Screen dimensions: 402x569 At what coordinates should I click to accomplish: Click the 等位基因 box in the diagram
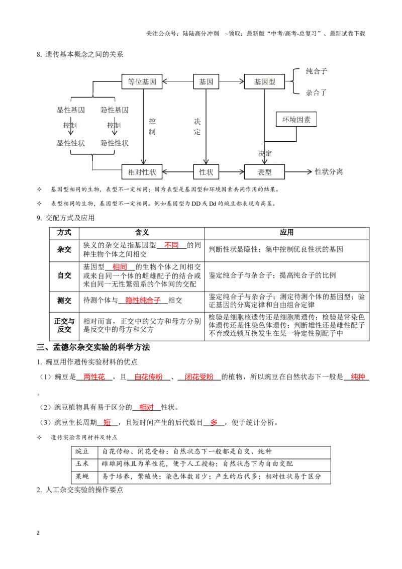point(142,81)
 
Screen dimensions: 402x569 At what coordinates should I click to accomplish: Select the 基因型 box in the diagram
point(264,81)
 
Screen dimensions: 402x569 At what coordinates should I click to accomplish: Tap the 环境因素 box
point(296,120)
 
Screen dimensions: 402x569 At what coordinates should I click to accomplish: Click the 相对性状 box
point(142,172)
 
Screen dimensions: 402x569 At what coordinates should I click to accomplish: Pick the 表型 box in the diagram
point(264,172)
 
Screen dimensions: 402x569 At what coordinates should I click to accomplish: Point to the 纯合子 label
point(317,71)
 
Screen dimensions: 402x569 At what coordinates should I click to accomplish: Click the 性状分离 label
point(329,171)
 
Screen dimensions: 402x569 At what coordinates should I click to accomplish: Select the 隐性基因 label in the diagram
point(114,110)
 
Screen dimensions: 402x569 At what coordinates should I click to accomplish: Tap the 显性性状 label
point(71,143)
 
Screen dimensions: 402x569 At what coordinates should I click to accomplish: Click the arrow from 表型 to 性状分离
point(298,171)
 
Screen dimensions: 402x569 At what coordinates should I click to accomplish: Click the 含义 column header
point(142,233)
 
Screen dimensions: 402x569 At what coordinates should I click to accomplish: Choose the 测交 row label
point(64,301)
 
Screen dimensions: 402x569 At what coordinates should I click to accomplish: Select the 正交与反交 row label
point(64,325)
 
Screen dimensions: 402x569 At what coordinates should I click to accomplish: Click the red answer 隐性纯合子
point(143,301)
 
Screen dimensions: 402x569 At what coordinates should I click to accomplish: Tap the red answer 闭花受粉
point(199,377)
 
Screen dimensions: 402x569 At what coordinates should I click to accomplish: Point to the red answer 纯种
point(358,377)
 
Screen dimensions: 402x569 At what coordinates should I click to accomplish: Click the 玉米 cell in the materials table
point(82,464)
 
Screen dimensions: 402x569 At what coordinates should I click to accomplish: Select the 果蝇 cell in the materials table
point(82,477)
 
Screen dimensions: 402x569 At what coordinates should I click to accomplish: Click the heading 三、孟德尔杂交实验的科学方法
point(93,347)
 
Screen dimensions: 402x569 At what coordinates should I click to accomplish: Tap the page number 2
point(38,533)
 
